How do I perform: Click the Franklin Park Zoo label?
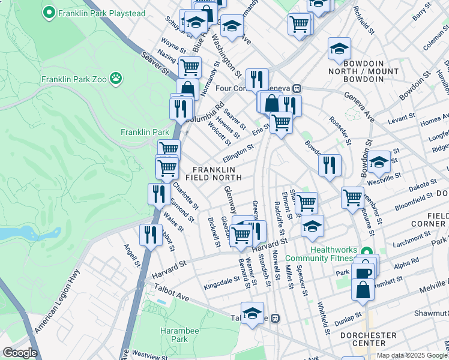(x=74, y=79)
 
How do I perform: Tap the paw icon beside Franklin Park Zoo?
(x=116, y=78)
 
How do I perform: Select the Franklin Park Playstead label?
(x=92, y=11)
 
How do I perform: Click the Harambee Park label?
(x=175, y=335)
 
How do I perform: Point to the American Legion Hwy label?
(x=58, y=309)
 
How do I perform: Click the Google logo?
(x=20, y=353)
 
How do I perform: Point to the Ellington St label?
(x=238, y=153)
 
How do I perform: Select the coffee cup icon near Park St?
(x=363, y=274)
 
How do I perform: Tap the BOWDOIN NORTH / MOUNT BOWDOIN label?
(x=363, y=75)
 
